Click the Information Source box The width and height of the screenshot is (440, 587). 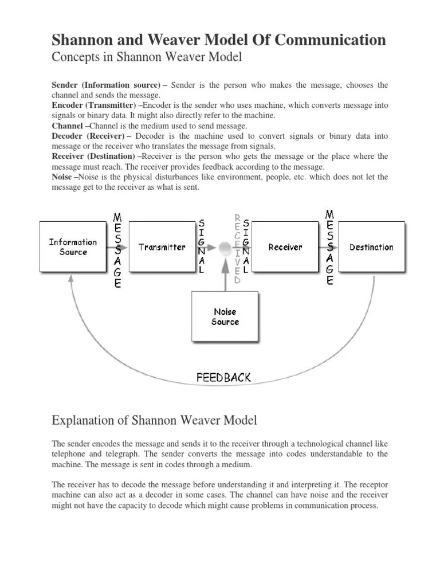[x=73, y=247]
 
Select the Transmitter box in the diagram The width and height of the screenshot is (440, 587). [x=162, y=247]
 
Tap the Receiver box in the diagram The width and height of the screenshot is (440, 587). [x=285, y=247]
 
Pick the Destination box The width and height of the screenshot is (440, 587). [x=371, y=247]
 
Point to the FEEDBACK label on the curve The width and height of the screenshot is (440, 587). [x=223, y=378]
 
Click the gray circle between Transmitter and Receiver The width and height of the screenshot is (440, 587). [x=225, y=248]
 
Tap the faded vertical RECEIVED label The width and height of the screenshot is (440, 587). [x=237, y=249]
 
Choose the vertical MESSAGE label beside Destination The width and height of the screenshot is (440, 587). [x=329, y=247]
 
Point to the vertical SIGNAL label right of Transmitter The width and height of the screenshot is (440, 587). [x=201, y=245]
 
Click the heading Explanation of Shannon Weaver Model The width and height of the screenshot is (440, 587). [x=155, y=421]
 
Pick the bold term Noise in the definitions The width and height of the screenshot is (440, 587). [x=62, y=177]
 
